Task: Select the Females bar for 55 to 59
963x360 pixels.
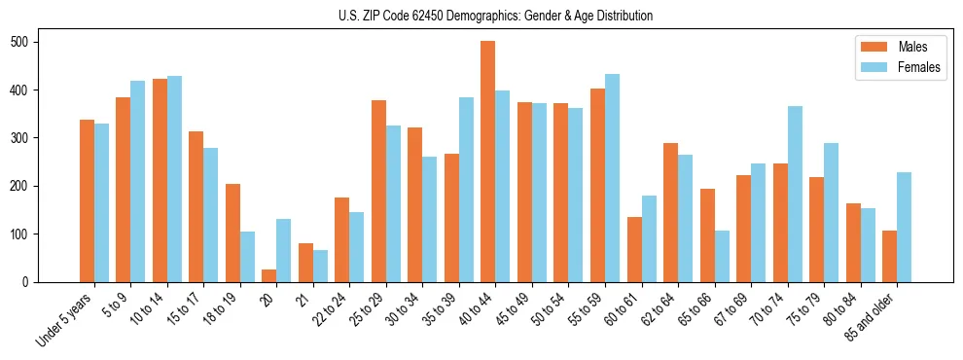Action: coord(612,178)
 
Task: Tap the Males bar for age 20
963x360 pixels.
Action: coord(269,275)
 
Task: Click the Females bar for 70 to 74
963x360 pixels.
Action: coord(795,194)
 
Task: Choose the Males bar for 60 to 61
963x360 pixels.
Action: coord(634,249)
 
